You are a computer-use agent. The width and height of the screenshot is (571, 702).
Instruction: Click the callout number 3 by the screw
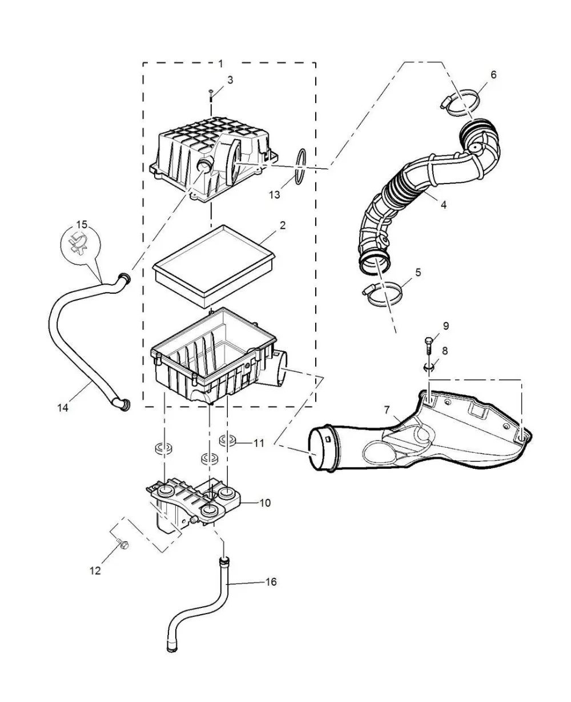pos(230,80)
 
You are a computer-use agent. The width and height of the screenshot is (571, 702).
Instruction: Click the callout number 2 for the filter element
pos(282,225)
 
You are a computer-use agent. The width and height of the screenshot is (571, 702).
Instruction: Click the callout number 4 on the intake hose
pos(444,205)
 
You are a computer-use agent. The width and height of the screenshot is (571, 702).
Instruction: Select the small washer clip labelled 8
pos(428,367)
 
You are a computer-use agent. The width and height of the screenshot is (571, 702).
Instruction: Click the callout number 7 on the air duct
pos(387,410)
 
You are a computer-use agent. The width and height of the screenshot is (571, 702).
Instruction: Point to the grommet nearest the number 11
pos(227,440)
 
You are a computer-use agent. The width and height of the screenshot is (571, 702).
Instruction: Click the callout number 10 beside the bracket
pos(265,503)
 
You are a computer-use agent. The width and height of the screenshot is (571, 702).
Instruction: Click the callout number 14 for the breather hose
pos(63,408)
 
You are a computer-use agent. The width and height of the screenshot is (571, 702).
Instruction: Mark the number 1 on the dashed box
pos(221,63)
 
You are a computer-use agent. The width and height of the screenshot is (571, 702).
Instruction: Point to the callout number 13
pos(274,195)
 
